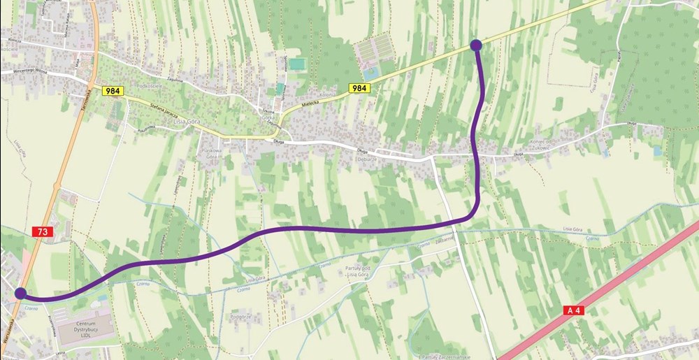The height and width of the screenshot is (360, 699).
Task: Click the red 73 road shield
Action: [43, 231]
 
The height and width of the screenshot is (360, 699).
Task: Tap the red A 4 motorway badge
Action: [572, 310]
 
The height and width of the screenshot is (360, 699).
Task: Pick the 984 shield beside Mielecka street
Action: [359, 88]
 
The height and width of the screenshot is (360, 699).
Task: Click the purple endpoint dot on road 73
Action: [20, 294]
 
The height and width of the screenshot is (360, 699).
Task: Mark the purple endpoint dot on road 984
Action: [476, 45]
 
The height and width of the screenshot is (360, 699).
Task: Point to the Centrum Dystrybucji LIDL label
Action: [85, 329]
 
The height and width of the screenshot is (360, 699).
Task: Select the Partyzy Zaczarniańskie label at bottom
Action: [440, 354]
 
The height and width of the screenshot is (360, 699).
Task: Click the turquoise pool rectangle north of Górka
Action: [298, 64]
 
